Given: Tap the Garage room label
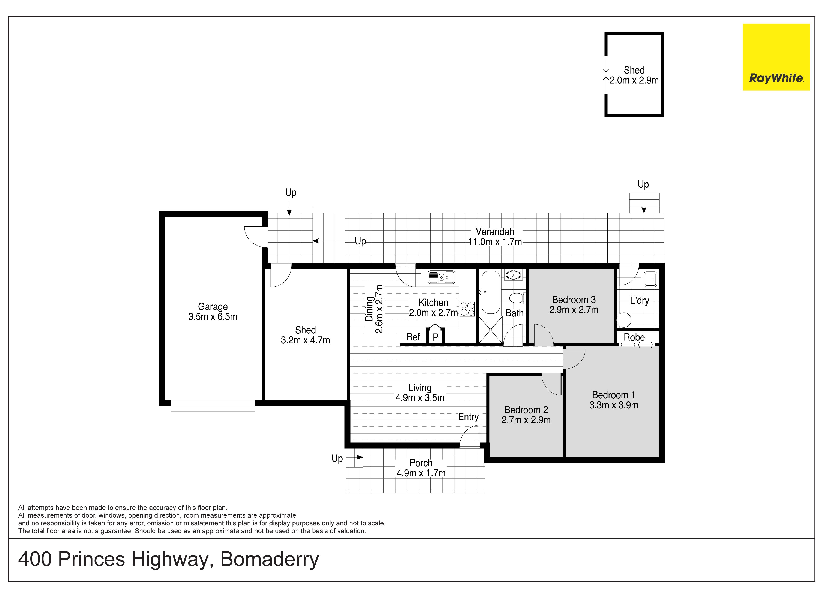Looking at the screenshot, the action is pos(213,307).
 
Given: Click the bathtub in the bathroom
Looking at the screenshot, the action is pos(491,292).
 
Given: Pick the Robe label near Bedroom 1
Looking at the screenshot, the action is pos(634,337).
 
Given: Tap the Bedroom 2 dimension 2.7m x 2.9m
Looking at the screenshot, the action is pos(526,420).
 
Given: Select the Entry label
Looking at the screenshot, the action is pos(468,417).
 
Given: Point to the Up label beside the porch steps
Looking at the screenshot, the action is pos(337,459).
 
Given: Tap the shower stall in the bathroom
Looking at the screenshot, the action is pos(490,330).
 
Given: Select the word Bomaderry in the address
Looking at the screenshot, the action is pos(270,559).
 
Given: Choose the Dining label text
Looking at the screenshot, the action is pos(369,309).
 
